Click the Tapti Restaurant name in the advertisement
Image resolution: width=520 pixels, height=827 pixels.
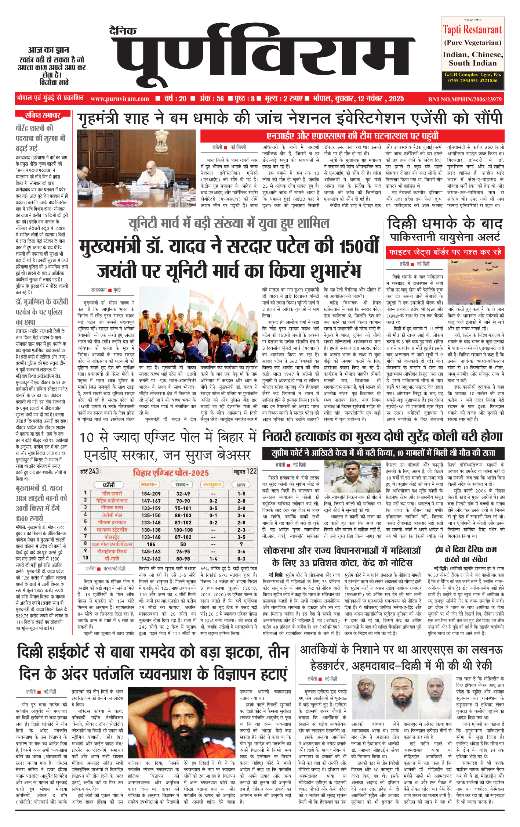click(472, 29)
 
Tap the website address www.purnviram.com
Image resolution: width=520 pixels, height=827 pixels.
click(120, 99)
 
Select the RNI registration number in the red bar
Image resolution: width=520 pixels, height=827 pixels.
click(465, 99)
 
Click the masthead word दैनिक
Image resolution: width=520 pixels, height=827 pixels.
click(123, 31)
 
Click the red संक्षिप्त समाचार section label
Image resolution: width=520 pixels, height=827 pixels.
click(43, 116)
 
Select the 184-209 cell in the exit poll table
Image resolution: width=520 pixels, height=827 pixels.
click(151, 494)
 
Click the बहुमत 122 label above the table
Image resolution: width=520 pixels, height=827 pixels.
click(245, 471)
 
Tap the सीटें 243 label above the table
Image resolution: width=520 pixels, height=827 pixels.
click(90, 471)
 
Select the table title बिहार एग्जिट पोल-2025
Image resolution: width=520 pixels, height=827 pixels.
click(171, 473)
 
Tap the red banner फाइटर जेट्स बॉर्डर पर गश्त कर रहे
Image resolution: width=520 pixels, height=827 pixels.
click(445, 252)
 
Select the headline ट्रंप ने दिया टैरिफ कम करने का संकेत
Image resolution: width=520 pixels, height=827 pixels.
click(466, 554)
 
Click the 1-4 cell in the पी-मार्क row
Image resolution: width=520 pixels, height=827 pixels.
click(213, 558)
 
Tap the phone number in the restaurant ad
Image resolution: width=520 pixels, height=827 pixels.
click(473, 80)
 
